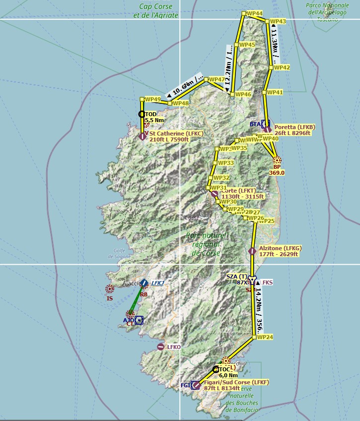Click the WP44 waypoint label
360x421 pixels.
click(x=255, y=13)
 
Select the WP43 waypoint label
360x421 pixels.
click(x=278, y=21)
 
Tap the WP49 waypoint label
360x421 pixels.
click(x=152, y=99)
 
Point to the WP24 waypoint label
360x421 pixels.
click(x=264, y=337)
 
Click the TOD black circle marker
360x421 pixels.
click(x=142, y=114)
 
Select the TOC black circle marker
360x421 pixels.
click(x=216, y=369)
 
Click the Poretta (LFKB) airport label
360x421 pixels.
click(x=294, y=130)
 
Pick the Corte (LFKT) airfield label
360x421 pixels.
click(x=243, y=194)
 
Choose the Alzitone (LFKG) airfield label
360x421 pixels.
click(x=280, y=251)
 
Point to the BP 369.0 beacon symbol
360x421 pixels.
click(x=277, y=160)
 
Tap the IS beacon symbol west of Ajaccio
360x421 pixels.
click(x=110, y=288)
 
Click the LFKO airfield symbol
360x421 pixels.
click(x=160, y=347)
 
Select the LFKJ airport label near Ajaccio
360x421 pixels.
click(x=157, y=283)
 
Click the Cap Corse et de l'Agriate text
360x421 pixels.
click(x=155, y=11)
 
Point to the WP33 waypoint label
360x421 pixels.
click(x=225, y=163)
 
